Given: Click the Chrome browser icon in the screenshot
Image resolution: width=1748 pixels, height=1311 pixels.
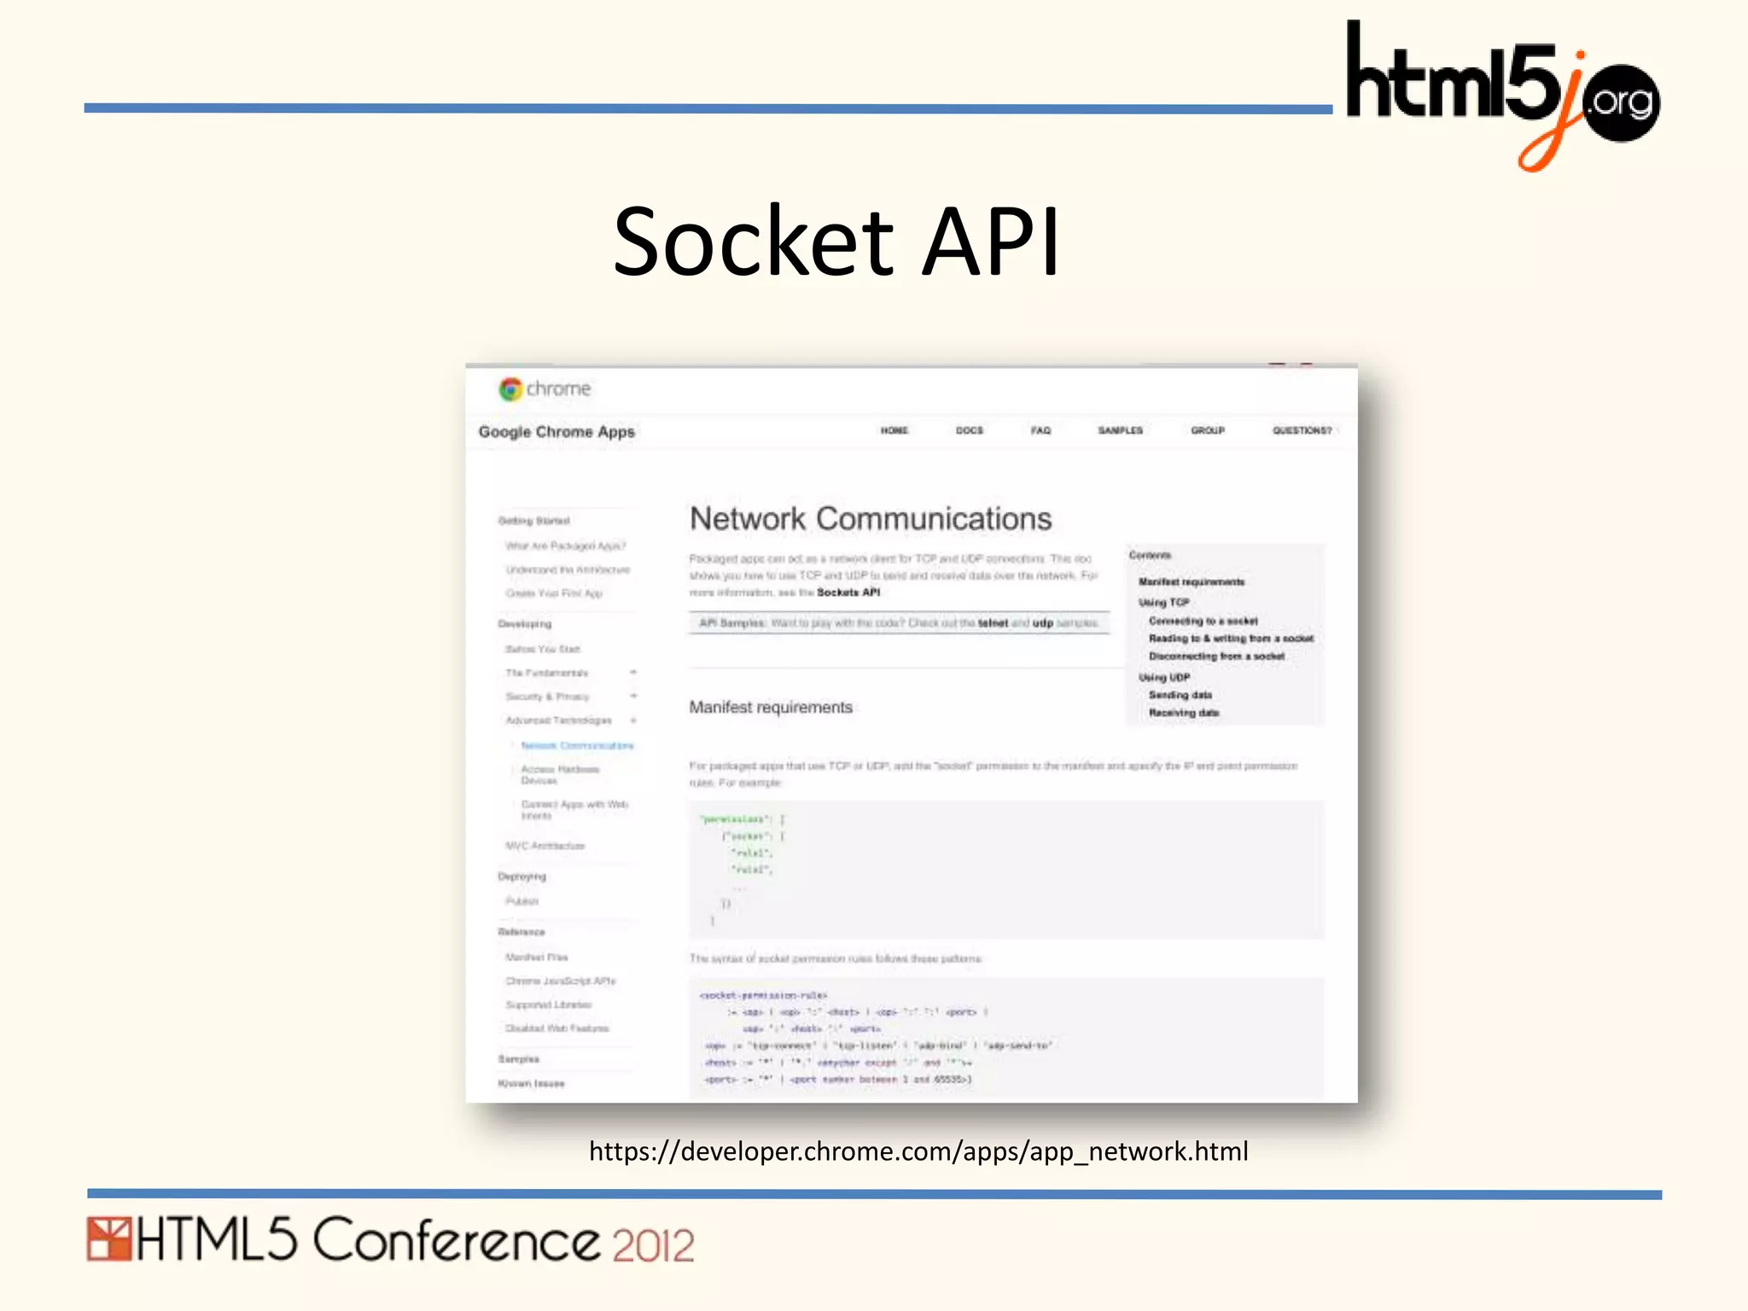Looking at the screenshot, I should [x=510, y=389].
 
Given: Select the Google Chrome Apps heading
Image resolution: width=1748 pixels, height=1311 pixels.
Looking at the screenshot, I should [x=556, y=432].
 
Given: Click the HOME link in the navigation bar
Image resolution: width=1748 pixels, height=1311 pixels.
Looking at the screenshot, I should [x=894, y=431].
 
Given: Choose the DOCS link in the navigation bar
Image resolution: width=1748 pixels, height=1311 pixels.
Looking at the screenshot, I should [x=970, y=431].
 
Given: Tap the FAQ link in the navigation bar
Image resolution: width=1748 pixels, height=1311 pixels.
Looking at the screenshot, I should [x=1040, y=431].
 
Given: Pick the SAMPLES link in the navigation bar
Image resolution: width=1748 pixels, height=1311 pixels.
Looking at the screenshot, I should [x=1120, y=431].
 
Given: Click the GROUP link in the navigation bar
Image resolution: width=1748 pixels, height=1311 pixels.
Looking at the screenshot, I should [x=1208, y=431].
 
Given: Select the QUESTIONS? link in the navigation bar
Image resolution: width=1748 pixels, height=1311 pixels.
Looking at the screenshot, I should [x=1302, y=431].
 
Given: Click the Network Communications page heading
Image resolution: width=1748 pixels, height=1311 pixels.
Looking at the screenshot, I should [x=871, y=519].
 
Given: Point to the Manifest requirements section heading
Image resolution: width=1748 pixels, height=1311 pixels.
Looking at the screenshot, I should [x=771, y=708].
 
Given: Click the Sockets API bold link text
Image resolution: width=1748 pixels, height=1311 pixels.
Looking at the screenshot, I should [x=848, y=592].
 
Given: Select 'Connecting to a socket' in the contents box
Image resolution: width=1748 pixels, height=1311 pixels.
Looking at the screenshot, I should [x=1203, y=621].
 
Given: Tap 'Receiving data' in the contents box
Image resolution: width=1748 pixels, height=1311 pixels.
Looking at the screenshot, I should [x=1184, y=713].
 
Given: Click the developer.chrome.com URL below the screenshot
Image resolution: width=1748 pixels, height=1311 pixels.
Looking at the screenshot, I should [x=918, y=1151].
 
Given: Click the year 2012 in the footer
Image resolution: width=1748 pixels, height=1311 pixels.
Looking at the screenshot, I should [x=653, y=1245].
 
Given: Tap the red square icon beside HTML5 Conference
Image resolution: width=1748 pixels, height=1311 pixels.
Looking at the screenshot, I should [x=108, y=1239].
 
